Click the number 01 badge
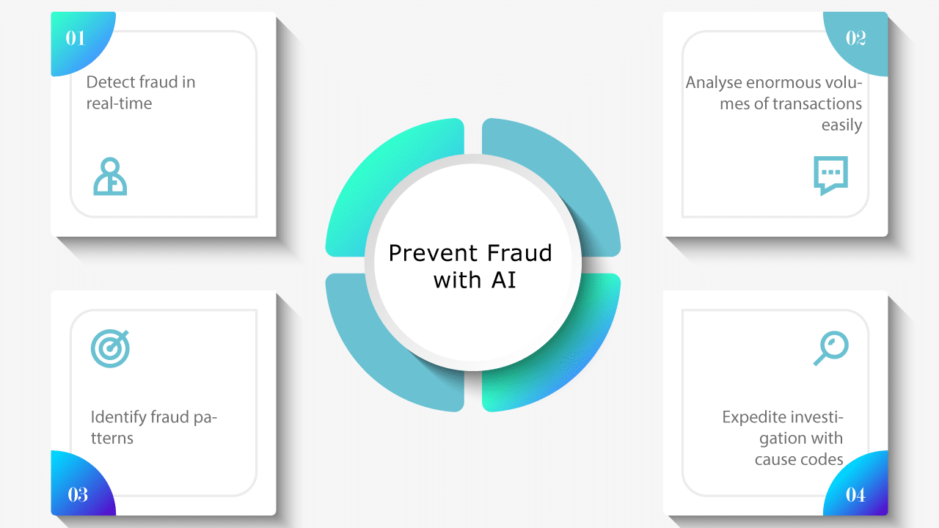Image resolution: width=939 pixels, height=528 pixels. (x=76, y=38)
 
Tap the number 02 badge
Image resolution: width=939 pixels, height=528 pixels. (x=855, y=38)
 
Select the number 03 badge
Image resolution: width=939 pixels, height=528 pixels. (x=78, y=494)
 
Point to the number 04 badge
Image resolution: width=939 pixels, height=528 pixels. (x=855, y=494)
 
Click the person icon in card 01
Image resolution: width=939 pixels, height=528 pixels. (x=110, y=176)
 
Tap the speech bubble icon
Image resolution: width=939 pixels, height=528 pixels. (x=830, y=175)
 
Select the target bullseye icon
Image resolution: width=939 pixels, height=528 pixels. (x=110, y=348)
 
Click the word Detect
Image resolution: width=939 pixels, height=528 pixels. (x=110, y=82)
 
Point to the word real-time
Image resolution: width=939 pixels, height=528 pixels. (x=119, y=103)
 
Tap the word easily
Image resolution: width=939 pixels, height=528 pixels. (x=841, y=125)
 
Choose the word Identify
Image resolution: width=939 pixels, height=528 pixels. (x=118, y=418)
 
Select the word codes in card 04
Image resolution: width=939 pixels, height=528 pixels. (x=821, y=460)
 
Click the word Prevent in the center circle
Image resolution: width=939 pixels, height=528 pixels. (x=429, y=253)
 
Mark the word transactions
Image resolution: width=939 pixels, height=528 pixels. (x=817, y=104)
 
